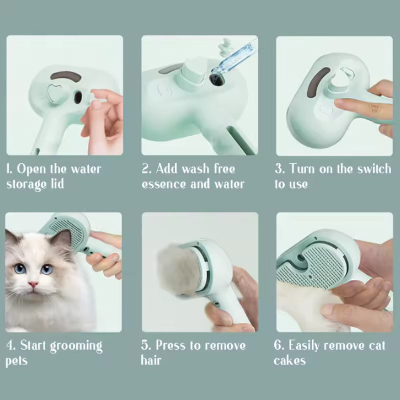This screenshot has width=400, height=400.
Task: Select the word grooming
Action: [x=76, y=346]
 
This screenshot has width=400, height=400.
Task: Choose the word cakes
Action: [x=290, y=361]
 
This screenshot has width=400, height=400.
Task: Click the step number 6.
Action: [x=278, y=346]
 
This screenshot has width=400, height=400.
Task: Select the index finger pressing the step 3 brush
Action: [x=353, y=104]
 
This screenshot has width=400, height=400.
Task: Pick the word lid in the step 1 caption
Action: [x=56, y=184]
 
